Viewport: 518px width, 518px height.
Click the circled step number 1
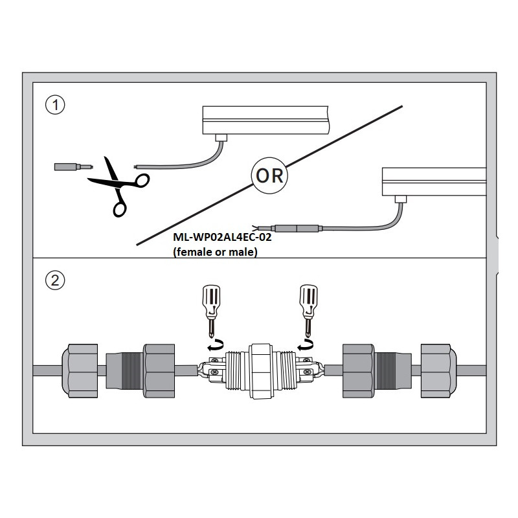pos(56,106)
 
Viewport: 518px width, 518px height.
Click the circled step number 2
pos(56,281)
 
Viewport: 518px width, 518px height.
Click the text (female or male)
pos(215,253)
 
